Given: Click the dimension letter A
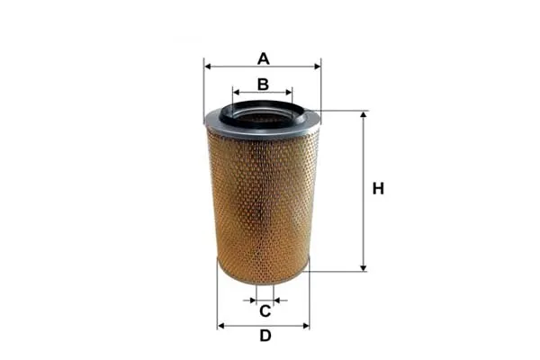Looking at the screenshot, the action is (x=264, y=58).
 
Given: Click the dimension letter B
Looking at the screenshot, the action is (x=263, y=85).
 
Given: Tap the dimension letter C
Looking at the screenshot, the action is (x=265, y=311).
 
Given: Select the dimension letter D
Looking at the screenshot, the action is (x=265, y=336).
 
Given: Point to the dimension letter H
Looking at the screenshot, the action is (x=378, y=189).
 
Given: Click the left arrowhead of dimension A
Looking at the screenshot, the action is (x=207, y=67).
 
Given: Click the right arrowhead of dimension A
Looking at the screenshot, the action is (x=318, y=67).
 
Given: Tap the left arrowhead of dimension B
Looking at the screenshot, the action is (x=236, y=93).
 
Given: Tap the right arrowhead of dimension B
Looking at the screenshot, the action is (x=289, y=93).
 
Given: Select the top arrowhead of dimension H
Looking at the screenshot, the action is (x=364, y=114).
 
